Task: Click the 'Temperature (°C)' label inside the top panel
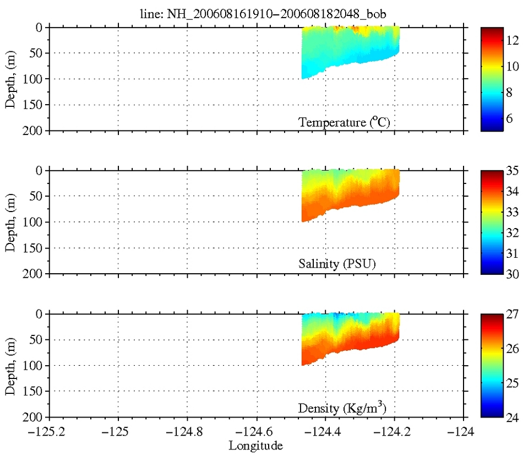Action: [345, 122]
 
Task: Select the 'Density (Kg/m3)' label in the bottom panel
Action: [345, 408]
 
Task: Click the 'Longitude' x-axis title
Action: [257, 445]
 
